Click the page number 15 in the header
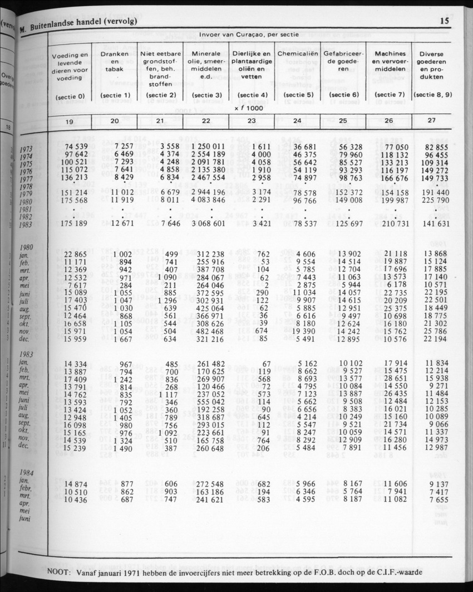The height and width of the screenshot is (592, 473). (444, 21)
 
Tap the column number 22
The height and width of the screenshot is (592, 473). (206, 120)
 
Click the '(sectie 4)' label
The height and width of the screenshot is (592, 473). (252, 95)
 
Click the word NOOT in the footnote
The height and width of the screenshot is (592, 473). (58, 572)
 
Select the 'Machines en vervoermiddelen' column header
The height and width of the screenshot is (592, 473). (389, 61)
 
